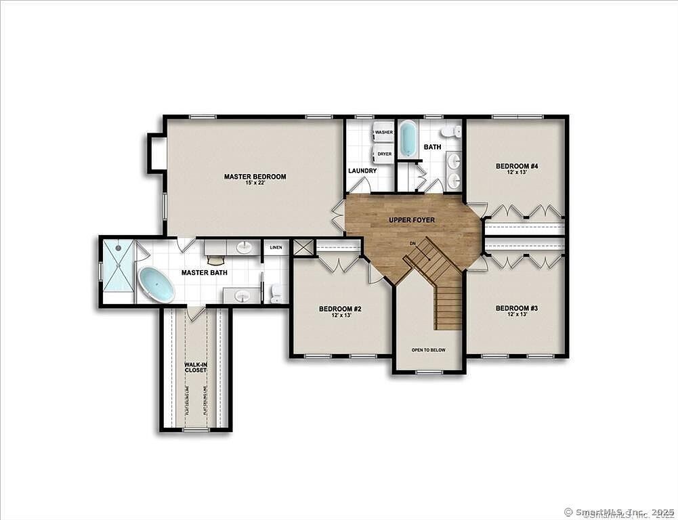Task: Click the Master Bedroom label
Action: (x=255, y=177)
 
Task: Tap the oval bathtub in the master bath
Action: (x=156, y=284)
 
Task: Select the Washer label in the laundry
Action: (x=384, y=132)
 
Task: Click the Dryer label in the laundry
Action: (x=384, y=154)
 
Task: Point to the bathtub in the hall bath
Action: (x=408, y=139)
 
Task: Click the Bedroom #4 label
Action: (x=516, y=166)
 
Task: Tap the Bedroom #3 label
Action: (x=516, y=308)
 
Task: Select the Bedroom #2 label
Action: (x=340, y=309)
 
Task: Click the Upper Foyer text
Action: (x=412, y=221)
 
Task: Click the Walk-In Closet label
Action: (x=196, y=368)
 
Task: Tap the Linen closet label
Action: (x=276, y=247)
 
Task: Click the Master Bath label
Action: (x=204, y=273)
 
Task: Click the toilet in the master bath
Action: (x=276, y=292)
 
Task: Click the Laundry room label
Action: (x=362, y=171)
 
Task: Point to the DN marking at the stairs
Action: (x=412, y=243)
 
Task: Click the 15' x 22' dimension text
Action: (x=255, y=183)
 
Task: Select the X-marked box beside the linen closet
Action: (x=303, y=247)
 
